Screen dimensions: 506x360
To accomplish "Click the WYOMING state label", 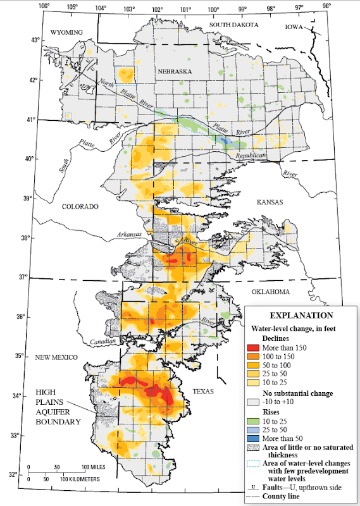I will click(x=67, y=32).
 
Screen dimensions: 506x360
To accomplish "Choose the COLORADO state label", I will click(x=80, y=207).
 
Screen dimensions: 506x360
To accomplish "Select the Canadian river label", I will click(x=103, y=342).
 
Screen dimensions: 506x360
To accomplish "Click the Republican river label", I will click(x=252, y=156).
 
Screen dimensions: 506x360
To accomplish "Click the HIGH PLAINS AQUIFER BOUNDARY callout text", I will click(x=58, y=407).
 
